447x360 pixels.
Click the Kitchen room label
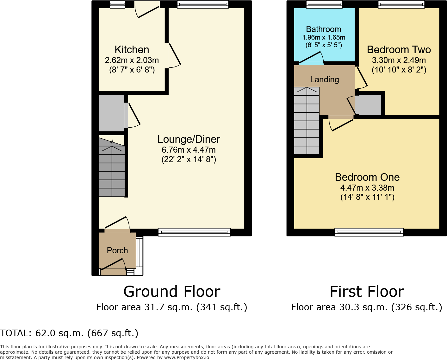click(x=132, y=50)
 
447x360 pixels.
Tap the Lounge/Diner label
click(x=189, y=139)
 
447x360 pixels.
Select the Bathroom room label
click(x=324, y=29)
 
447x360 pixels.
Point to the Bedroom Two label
click(x=399, y=50)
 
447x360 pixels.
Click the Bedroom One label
click(x=367, y=177)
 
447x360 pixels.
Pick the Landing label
click(x=325, y=80)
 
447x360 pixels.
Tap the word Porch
click(x=117, y=250)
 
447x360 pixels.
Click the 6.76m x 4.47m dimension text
click(x=189, y=150)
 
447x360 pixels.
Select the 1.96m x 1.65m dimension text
click(x=324, y=37)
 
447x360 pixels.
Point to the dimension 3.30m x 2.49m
click(x=399, y=60)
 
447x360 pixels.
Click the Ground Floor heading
click(x=172, y=292)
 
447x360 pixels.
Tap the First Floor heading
click(x=367, y=292)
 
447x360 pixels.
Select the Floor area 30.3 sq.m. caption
click(x=339, y=307)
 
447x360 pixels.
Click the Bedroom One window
click(x=369, y=232)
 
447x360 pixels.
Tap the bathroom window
click(x=324, y=4)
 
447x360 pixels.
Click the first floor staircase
click(x=307, y=121)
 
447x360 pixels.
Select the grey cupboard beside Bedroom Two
click(x=368, y=105)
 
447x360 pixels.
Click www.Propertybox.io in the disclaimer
click(x=187, y=357)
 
